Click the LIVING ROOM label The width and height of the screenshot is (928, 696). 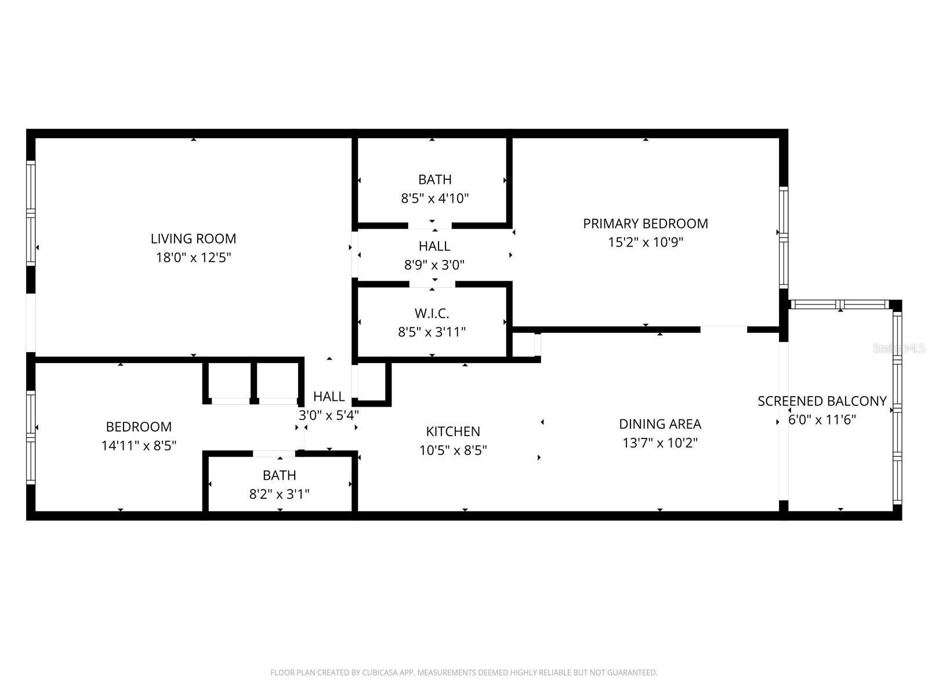point(193,238)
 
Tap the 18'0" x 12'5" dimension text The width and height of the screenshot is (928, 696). point(193,258)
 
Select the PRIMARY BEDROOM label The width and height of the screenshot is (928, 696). point(645,223)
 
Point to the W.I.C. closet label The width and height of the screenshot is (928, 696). point(432,313)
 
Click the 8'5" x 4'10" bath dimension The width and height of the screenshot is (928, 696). point(434,198)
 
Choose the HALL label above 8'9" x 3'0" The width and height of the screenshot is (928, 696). point(434,246)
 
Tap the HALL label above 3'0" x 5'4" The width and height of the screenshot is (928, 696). point(329,397)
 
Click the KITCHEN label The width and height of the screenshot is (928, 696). point(453,432)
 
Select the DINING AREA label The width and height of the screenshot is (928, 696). point(659,424)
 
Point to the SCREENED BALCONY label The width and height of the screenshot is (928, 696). point(822,401)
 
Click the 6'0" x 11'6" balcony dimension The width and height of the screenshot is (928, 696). point(822,420)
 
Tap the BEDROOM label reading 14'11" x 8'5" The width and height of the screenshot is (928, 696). point(139,427)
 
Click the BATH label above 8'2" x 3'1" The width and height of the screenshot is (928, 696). point(279,476)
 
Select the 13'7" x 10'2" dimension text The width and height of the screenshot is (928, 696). point(659,443)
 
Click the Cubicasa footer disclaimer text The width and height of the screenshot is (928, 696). point(463,673)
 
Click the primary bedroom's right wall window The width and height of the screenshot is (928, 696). point(783,238)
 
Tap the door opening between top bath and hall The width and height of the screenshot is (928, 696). point(430,226)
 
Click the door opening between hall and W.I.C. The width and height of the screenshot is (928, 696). point(432,284)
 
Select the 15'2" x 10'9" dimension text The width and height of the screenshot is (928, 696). point(645,242)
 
